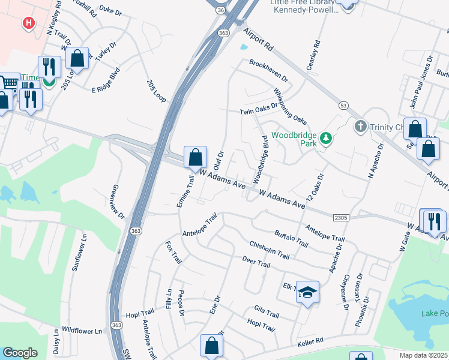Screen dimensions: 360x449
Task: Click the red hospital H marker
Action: click(28, 23)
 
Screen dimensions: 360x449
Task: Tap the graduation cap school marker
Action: click(307, 292)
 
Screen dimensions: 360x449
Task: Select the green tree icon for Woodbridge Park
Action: click(326, 139)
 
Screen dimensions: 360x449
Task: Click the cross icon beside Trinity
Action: click(360, 127)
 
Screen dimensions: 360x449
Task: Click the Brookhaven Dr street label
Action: click(269, 71)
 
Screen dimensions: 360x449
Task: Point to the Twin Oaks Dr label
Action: click(259, 109)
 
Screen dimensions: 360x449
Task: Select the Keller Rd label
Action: click(310, 342)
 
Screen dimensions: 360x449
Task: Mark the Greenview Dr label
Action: click(117, 202)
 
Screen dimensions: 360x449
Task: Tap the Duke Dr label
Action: click(110, 10)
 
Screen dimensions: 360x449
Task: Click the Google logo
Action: click(20, 353)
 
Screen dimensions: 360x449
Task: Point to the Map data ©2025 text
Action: click(424, 355)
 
